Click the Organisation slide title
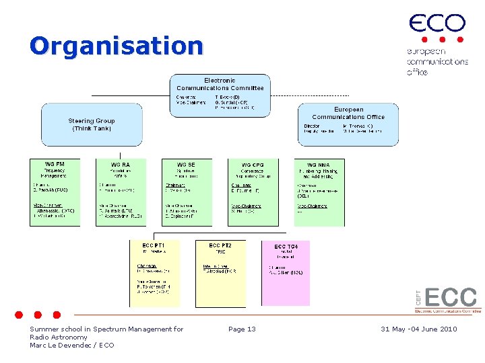[116, 46]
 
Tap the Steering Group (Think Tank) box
[92, 124]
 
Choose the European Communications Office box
[348, 124]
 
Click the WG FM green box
[55, 192]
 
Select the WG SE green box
[187, 192]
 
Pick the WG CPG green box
[253, 192]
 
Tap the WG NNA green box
[319, 192]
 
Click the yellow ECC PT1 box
[155, 273]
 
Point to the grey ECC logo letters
[451, 297]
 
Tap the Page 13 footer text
[242, 329]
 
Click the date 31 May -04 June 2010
[418, 329]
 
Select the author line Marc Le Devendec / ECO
[72, 345]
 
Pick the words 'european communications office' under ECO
[437, 61]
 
